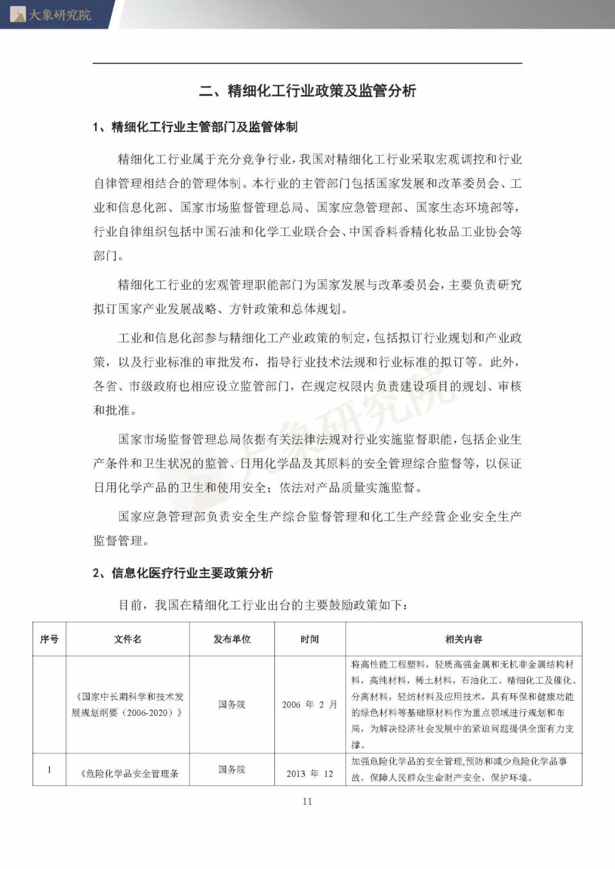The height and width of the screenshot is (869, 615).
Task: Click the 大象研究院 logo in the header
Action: click(x=51, y=14)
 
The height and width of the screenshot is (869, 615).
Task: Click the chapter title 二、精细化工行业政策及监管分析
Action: click(x=307, y=91)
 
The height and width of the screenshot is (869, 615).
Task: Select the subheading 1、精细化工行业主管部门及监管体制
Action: click(x=195, y=127)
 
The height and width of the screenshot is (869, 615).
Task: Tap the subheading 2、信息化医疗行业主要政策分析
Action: click(x=183, y=573)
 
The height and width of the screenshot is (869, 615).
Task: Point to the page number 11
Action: click(x=307, y=801)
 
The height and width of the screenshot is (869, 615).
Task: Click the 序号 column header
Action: click(x=49, y=639)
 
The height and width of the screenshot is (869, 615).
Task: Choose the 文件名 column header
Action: click(x=128, y=639)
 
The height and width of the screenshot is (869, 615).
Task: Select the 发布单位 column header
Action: click(x=232, y=639)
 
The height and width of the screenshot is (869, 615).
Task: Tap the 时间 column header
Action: click(x=310, y=639)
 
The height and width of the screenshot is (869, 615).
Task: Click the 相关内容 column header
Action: click(x=464, y=639)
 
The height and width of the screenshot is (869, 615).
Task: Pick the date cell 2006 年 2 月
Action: click(x=310, y=705)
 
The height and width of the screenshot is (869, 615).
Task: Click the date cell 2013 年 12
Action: click(x=310, y=773)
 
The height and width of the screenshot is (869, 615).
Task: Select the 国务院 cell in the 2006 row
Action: click(x=232, y=705)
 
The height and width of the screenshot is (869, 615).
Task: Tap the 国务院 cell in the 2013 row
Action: click(x=232, y=769)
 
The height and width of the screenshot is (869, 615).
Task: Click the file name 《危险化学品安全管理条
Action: click(x=130, y=773)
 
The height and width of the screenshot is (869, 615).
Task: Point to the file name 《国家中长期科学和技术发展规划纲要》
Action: click(x=128, y=705)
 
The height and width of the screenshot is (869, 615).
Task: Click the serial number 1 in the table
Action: click(x=49, y=770)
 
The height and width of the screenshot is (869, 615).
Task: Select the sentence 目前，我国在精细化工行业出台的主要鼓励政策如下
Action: click(x=263, y=605)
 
